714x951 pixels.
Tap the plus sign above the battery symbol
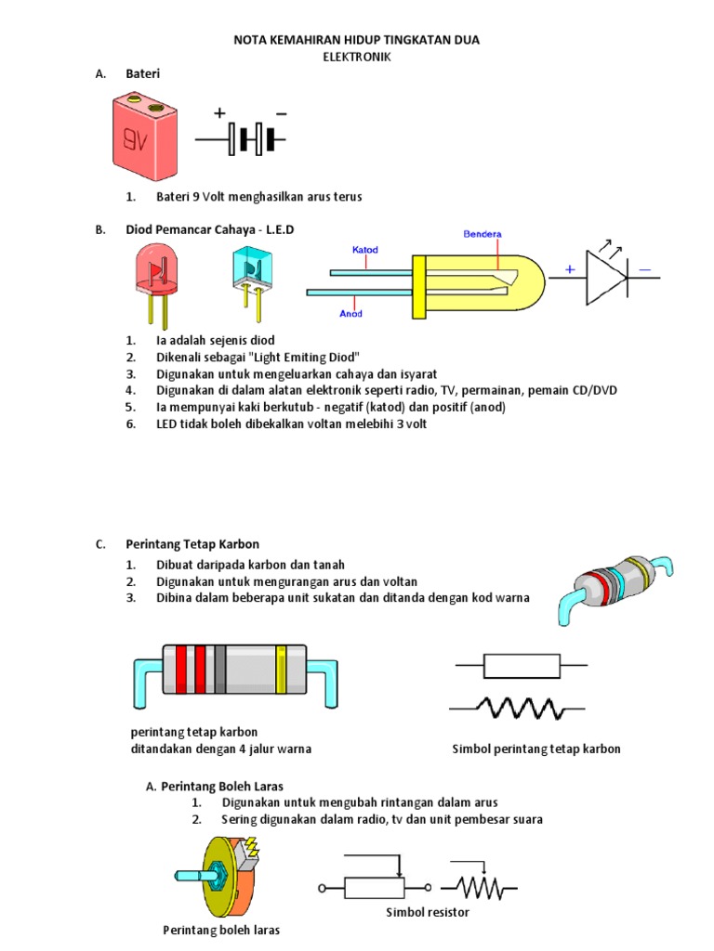(x=219, y=113)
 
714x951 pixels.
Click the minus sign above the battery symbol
(x=282, y=113)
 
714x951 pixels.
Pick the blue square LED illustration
(x=248, y=274)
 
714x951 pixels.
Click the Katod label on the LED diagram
(x=364, y=250)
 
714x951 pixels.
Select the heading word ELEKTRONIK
(x=356, y=57)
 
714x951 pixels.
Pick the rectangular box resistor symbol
(x=521, y=665)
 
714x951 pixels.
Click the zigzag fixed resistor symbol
(x=520, y=709)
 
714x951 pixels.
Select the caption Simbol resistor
(x=428, y=913)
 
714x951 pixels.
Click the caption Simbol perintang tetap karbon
(x=535, y=749)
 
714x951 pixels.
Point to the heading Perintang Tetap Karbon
(x=192, y=543)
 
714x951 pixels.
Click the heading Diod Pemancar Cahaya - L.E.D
(x=209, y=228)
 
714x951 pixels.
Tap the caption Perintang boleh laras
(x=221, y=930)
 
